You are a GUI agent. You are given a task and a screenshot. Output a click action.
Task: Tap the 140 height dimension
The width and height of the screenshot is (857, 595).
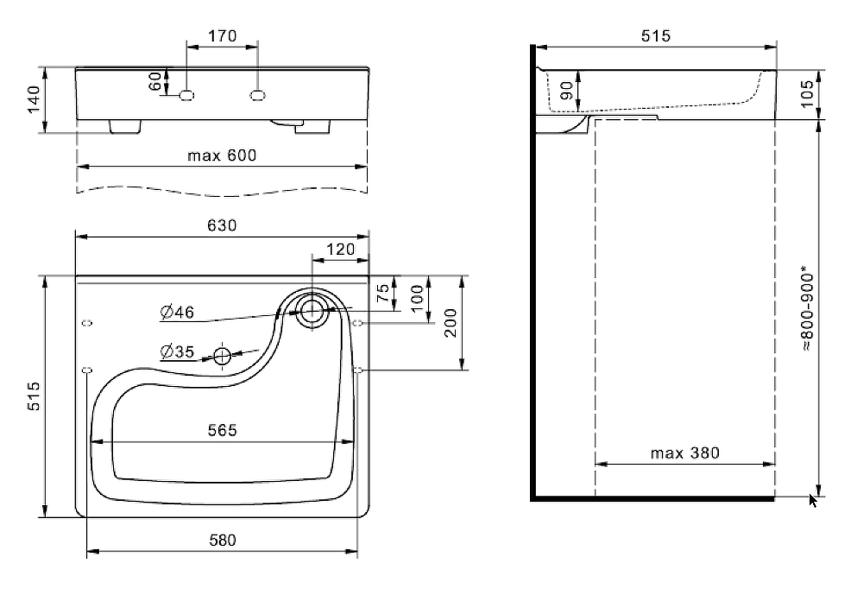pos(34,100)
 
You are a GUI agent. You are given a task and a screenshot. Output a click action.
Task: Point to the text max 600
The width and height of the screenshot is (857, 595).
pos(223,155)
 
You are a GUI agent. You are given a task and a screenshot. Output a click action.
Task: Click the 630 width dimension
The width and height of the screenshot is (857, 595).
pos(222,225)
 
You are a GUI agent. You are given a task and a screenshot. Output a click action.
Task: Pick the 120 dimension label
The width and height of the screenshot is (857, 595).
pos(340,250)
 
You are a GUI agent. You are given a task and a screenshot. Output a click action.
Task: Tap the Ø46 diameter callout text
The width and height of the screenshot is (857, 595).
pos(176,312)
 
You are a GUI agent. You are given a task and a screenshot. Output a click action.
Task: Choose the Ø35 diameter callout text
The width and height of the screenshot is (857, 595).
pos(176,351)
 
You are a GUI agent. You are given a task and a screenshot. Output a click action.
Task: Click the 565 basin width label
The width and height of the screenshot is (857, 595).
pos(222,429)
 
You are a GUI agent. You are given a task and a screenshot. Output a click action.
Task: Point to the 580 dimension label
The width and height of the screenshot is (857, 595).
pos(222,541)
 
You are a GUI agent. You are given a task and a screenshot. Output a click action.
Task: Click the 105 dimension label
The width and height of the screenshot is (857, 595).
pos(806,93)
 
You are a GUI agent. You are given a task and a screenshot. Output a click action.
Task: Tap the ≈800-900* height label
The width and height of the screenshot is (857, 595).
pos(806,308)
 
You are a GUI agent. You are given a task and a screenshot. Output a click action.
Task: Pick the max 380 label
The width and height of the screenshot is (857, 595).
pos(685,452)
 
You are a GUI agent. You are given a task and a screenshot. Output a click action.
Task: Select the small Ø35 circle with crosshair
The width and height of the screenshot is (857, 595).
pos(223,355)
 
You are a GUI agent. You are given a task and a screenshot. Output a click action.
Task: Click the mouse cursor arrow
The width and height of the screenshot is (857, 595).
pos(812,500)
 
